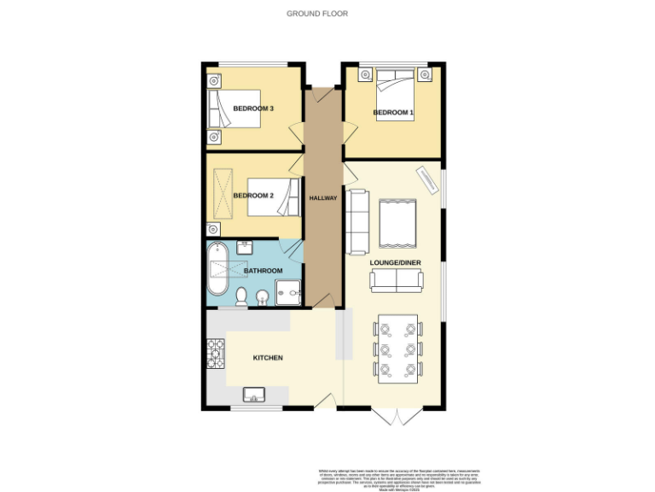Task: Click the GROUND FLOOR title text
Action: pyautogui.click(x=317, y=14)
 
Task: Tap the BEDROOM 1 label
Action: pyautogui.click(x=393, y=113)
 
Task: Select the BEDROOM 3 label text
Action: pyautogui.click(x=253, y=108)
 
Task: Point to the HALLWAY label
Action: pyautogui.click(x=323, y=198)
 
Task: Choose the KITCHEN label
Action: pyautogui.click(x=267, y=357)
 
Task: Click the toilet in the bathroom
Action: pyautogui.click(x=241, y=296)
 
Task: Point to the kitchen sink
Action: pyautogui.click(x=255, y=395)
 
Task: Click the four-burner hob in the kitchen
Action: pyautogui.click(x=214, y=353)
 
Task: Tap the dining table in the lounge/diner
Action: pyautogui.click(x=397, y=348)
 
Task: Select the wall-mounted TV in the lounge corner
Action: pyautogui.click(x=426, y=179)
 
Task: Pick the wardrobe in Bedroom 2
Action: pyautogui.click(x=223, y=193)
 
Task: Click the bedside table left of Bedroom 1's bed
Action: pyautogui.click(x=364, y=75)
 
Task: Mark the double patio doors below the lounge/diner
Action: pyautogui.click(x=396, y=416)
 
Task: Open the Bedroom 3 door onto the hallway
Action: pyautogui.click(x=296, y=133)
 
